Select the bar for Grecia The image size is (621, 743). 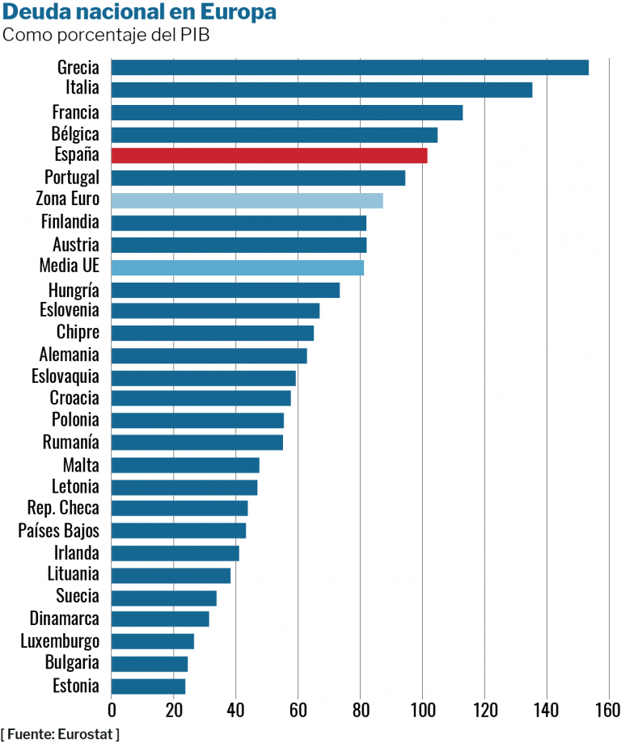point(349,68)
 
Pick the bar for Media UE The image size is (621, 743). point(237,267)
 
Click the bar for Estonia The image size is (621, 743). point(148,686)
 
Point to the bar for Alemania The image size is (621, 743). point(209,355)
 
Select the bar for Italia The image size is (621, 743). point(321,90)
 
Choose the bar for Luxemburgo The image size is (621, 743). point(152,641)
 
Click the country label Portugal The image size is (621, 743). point(72,178)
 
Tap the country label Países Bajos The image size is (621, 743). point(58,531)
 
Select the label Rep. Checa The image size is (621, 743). point(62,508)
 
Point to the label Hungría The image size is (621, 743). point(73,289)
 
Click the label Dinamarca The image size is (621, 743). point(64,619)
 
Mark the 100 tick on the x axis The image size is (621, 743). point(422,710)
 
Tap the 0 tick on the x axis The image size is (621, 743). point(112,710)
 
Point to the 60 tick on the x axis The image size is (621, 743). point(298,710)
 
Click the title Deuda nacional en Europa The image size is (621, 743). point(139,13)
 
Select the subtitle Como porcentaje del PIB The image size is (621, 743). point(106,36)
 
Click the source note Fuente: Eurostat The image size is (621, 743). point(61,733)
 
